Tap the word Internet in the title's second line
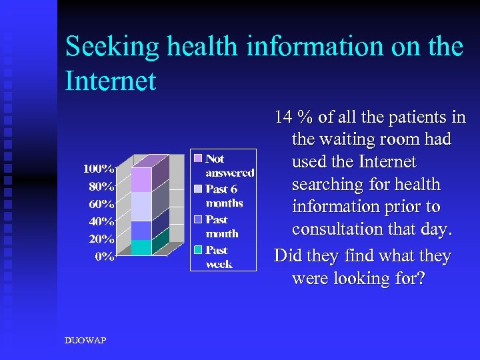coord(111,81)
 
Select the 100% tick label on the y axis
coord(99,168)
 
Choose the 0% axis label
coord(104,257)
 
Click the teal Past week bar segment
coord(141,247)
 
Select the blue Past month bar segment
coord(141,231)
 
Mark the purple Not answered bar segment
coord(141,180)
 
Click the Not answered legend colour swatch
coord(198,159)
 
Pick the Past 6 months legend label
coord(224,197)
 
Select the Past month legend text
coord(222,227)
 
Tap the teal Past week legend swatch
coord(198,250)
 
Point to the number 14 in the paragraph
coord(285,117)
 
